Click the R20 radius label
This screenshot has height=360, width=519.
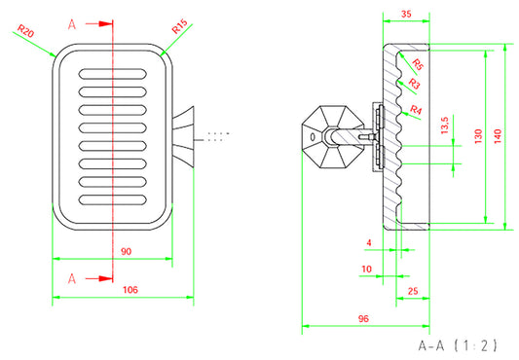(x=26, y=31)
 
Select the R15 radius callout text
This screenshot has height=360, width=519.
(x=180, y=26)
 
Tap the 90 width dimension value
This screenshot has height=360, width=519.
(x=127, y=251)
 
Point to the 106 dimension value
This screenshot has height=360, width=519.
(x=130, y=290)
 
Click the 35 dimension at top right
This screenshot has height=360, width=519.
(x=406, y=14)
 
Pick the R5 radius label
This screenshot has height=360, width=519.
(x=418, y=64)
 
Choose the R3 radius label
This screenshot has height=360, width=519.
(x=414, y=84)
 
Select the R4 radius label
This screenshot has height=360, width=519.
(x=416, y=109)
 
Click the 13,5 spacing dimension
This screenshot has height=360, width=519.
(x=445, y=126)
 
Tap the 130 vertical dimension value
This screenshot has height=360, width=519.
(x=478, y=136)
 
